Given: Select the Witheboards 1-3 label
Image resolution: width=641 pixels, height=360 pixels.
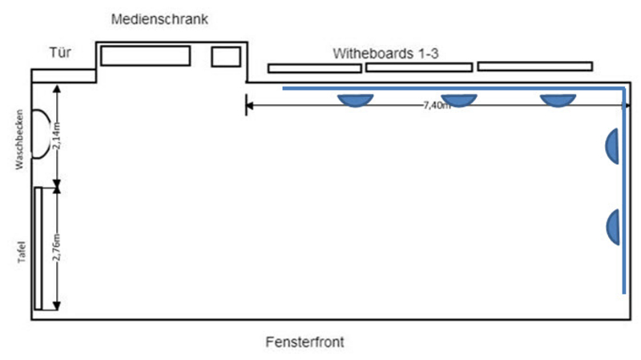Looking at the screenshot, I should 389,53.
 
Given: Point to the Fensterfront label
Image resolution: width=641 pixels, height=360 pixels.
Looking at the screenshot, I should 305,342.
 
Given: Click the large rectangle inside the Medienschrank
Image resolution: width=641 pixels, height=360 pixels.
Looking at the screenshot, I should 145,56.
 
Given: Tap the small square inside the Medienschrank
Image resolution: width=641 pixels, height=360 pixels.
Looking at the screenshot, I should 226,56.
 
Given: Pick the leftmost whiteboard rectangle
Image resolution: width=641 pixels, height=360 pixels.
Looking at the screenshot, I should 315,68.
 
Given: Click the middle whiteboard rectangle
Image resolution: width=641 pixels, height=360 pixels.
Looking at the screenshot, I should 419,67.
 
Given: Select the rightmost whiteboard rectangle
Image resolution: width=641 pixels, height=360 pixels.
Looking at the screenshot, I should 535,66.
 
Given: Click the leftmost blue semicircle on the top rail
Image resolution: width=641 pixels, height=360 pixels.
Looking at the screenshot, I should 354,100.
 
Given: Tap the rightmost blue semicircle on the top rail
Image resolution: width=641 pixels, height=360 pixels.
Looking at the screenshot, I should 557,100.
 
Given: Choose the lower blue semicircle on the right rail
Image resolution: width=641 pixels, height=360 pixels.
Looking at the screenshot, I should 614,226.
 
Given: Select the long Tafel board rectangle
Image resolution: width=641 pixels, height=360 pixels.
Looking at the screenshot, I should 38,248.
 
